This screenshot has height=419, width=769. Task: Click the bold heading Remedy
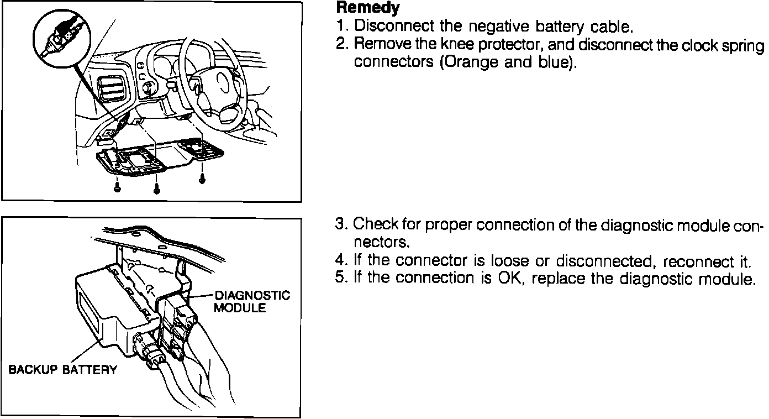367,8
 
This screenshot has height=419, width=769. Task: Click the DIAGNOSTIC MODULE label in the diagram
251,301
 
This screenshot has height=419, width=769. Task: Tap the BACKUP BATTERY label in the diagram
62,370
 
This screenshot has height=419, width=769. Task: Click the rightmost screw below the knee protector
203,178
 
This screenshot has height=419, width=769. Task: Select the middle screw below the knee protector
156,188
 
